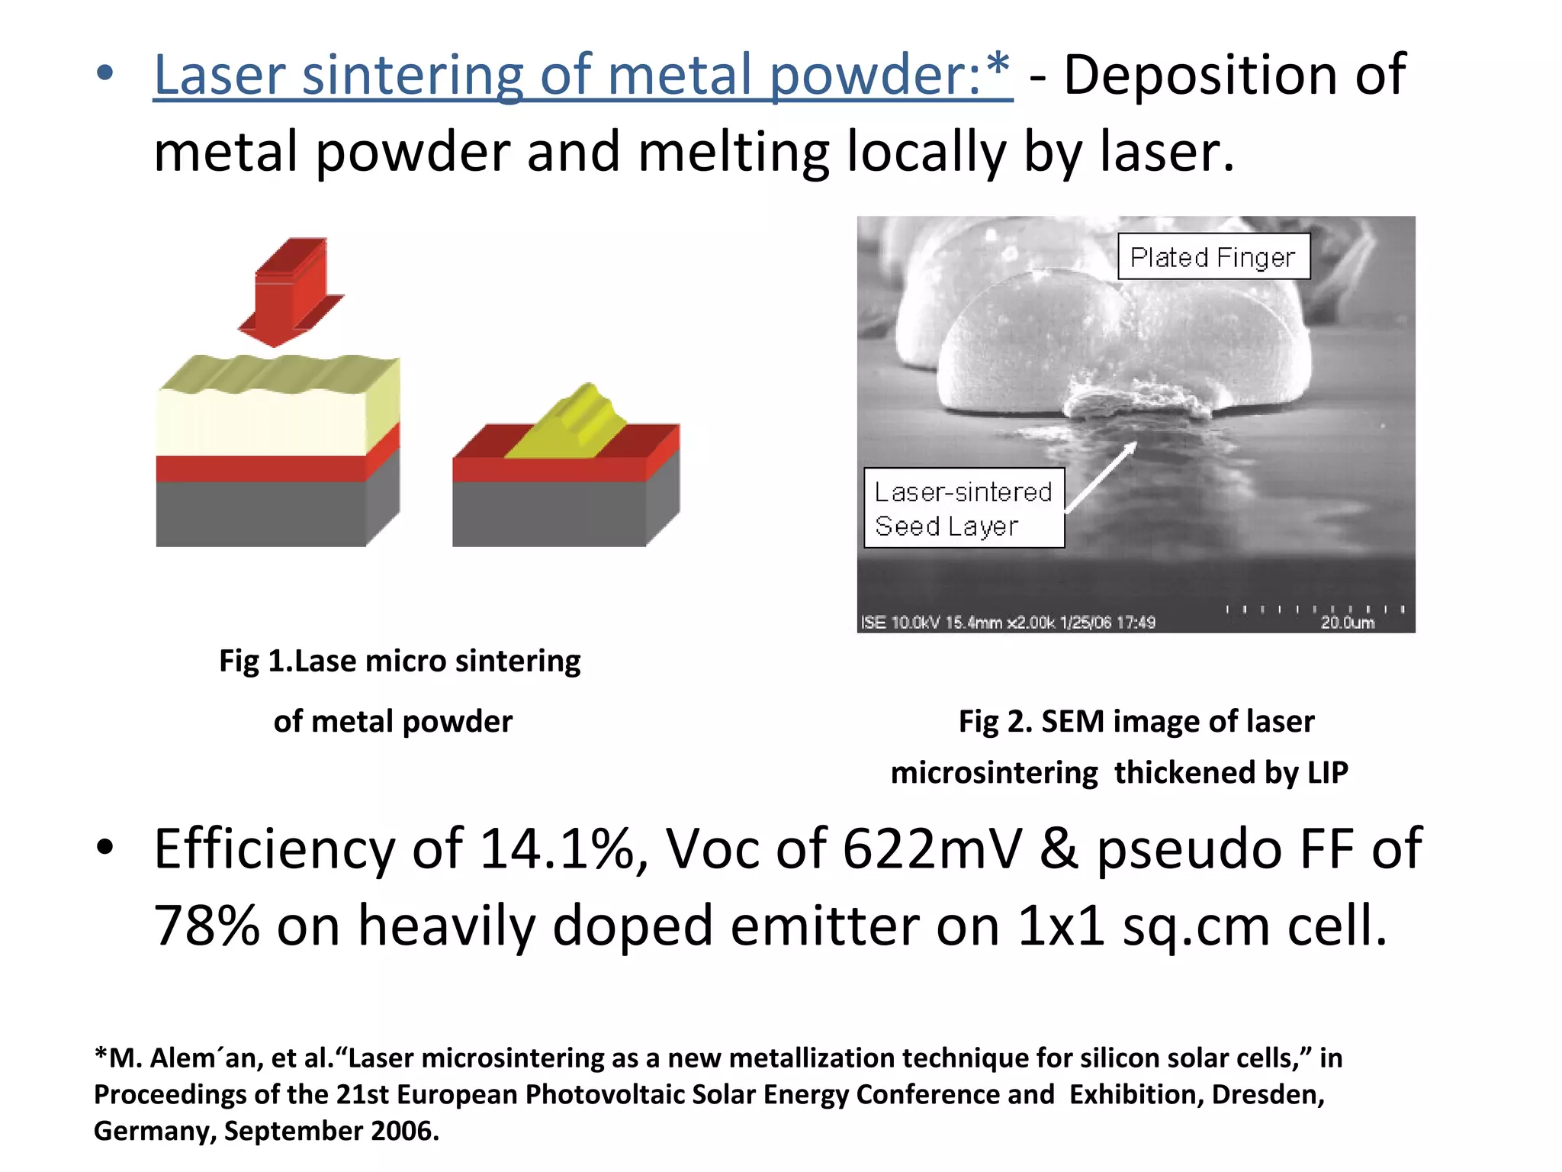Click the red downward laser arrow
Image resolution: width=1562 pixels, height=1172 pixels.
pos(291,291)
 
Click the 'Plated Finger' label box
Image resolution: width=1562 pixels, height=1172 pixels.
pos(1213,257)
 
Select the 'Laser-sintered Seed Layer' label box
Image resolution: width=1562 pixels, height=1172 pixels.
pos(963,508)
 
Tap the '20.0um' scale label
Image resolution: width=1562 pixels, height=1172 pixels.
pos(1347,623)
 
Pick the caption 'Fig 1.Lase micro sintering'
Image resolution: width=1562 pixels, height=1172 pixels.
pos(400,661)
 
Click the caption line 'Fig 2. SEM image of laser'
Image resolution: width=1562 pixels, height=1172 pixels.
pos(1136,721)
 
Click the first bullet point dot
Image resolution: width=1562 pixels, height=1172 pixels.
pos(105,75)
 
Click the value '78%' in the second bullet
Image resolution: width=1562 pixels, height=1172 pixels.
pos(206,926)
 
